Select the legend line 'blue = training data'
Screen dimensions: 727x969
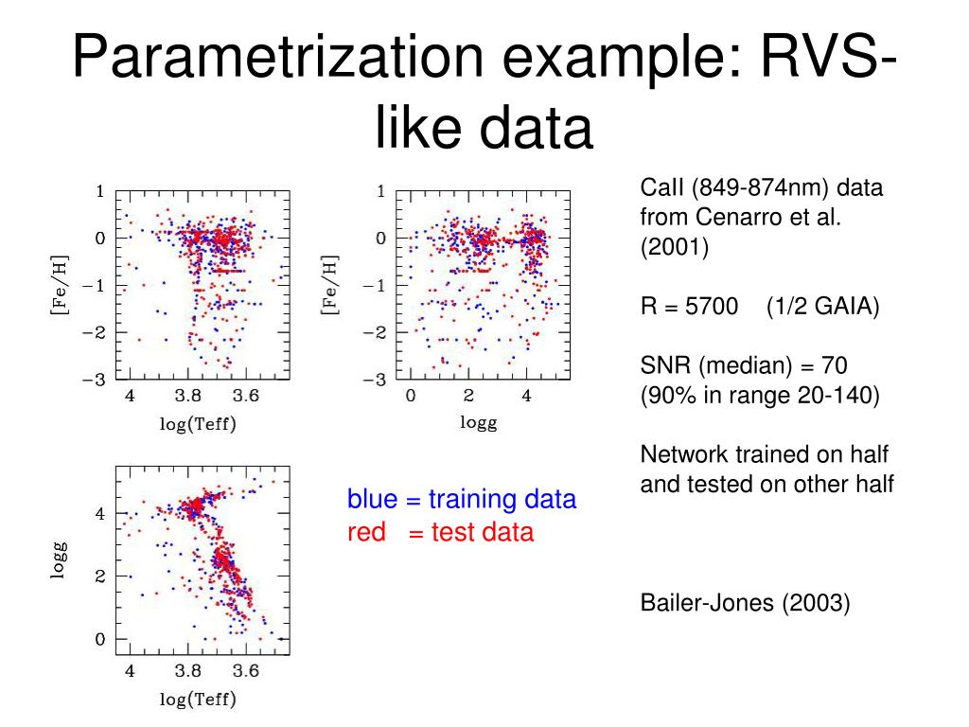click(x=461, y=499)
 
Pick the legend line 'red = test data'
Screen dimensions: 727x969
click(x=440, y=532)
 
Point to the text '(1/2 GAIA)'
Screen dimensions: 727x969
click(x=823, y=307)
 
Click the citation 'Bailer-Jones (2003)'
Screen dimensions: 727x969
click(x=745, y=602)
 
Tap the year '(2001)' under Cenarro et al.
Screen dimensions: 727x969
click(x=674, y=246)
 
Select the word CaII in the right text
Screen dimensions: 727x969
click(x=661, y=187)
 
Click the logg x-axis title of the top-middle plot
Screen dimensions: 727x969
click(x=478, y=422)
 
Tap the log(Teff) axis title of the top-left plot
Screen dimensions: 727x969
click(x=197, y=423)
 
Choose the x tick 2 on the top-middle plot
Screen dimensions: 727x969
click(x=467, y=396)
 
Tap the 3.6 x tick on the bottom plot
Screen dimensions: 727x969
click(x=246, y=671)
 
